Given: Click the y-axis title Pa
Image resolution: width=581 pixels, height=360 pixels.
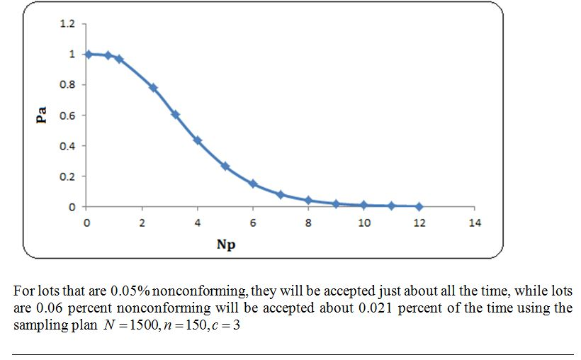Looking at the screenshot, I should [x=42, y=115].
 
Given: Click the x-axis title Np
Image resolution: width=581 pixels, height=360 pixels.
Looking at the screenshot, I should [x=226, y=244].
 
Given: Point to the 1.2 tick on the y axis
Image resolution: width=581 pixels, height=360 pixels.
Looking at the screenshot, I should [x=67, y=24].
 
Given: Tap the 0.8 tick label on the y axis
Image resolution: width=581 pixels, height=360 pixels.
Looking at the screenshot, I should [x=67, y=85].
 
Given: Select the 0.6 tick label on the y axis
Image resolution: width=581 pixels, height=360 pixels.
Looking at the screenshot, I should [x=67, y=116].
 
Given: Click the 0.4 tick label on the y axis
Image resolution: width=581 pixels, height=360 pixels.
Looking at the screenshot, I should [x=67, y=146].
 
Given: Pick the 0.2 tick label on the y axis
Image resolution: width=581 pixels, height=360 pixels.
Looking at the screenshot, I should [x=67, y=176].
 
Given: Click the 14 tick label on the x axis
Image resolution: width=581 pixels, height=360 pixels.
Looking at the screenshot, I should [x=475, y=223].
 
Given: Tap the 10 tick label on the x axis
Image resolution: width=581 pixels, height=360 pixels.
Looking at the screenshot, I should [x=363, y=223].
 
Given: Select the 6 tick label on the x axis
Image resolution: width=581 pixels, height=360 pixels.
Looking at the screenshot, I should [x=253, y=223].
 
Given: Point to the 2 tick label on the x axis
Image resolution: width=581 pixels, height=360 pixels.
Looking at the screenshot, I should [x=142, y=223].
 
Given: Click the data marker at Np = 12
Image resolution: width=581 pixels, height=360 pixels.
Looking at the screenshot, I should [x=419, y=206].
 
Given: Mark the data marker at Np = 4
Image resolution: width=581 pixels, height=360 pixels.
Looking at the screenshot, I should [x=198, y=140].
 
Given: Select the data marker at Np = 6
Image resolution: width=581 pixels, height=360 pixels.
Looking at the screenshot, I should [x=253, y=184].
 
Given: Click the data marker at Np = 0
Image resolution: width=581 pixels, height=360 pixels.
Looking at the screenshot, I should [x=88, y=54].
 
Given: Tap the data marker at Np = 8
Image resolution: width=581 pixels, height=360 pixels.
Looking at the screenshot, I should [x=308, y=201].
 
